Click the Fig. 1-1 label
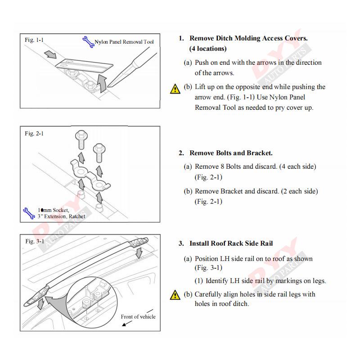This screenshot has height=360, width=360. point(34,40)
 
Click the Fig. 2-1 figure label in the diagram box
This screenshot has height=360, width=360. point(34,133)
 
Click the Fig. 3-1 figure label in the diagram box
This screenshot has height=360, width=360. point(34,241)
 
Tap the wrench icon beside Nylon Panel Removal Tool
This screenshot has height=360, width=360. point(87,42)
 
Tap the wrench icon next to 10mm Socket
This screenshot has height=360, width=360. point(29,213)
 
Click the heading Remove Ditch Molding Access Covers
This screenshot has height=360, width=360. point(248,38)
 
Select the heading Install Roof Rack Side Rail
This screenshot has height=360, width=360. point(231,243)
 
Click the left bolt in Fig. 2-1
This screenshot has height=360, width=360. point(81,139)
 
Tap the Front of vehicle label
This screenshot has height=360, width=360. point(138,316)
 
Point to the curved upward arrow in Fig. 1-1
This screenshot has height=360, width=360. point(103,84)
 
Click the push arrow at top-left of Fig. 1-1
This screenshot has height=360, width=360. point(51,54)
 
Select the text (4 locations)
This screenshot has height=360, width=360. point(207,49)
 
